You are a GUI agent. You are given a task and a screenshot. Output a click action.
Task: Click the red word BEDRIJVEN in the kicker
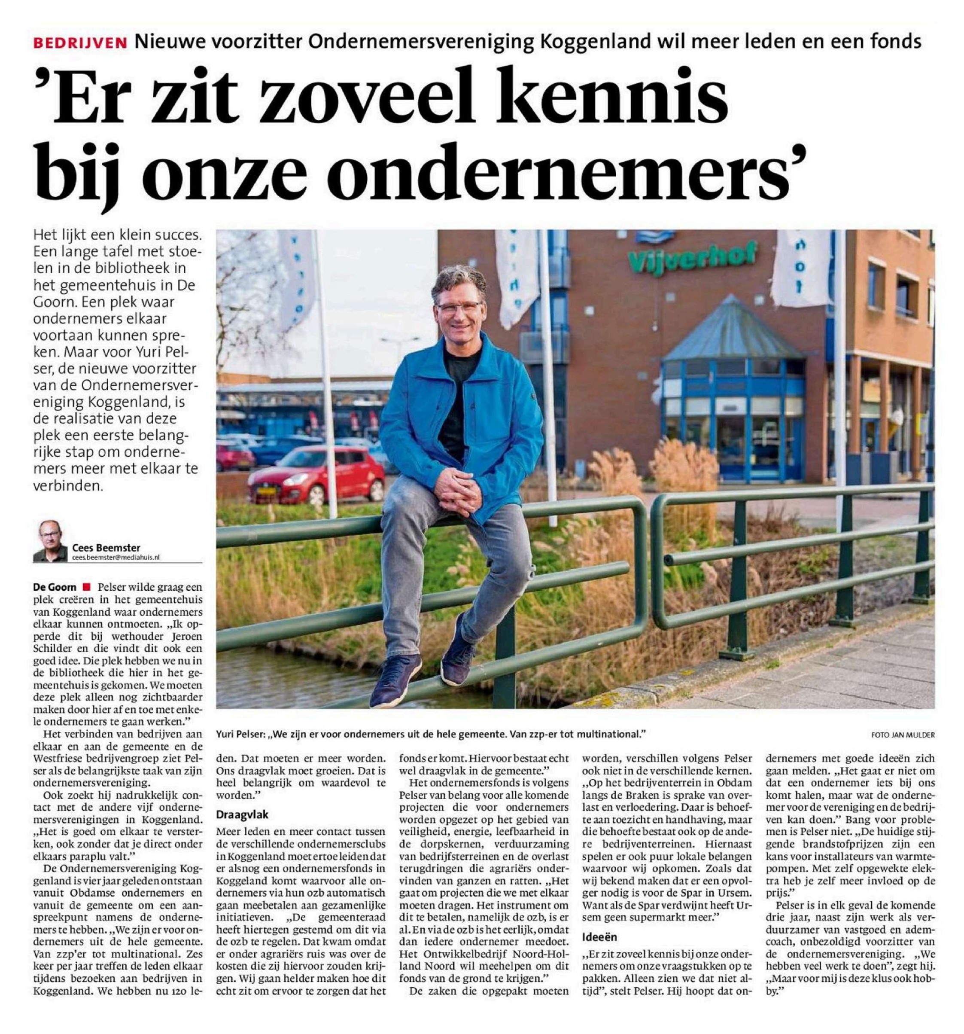(80, 42)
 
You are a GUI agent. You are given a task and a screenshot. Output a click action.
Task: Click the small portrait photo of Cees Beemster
(50, 540)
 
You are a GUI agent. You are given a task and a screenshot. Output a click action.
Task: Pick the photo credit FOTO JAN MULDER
(903, 735)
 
